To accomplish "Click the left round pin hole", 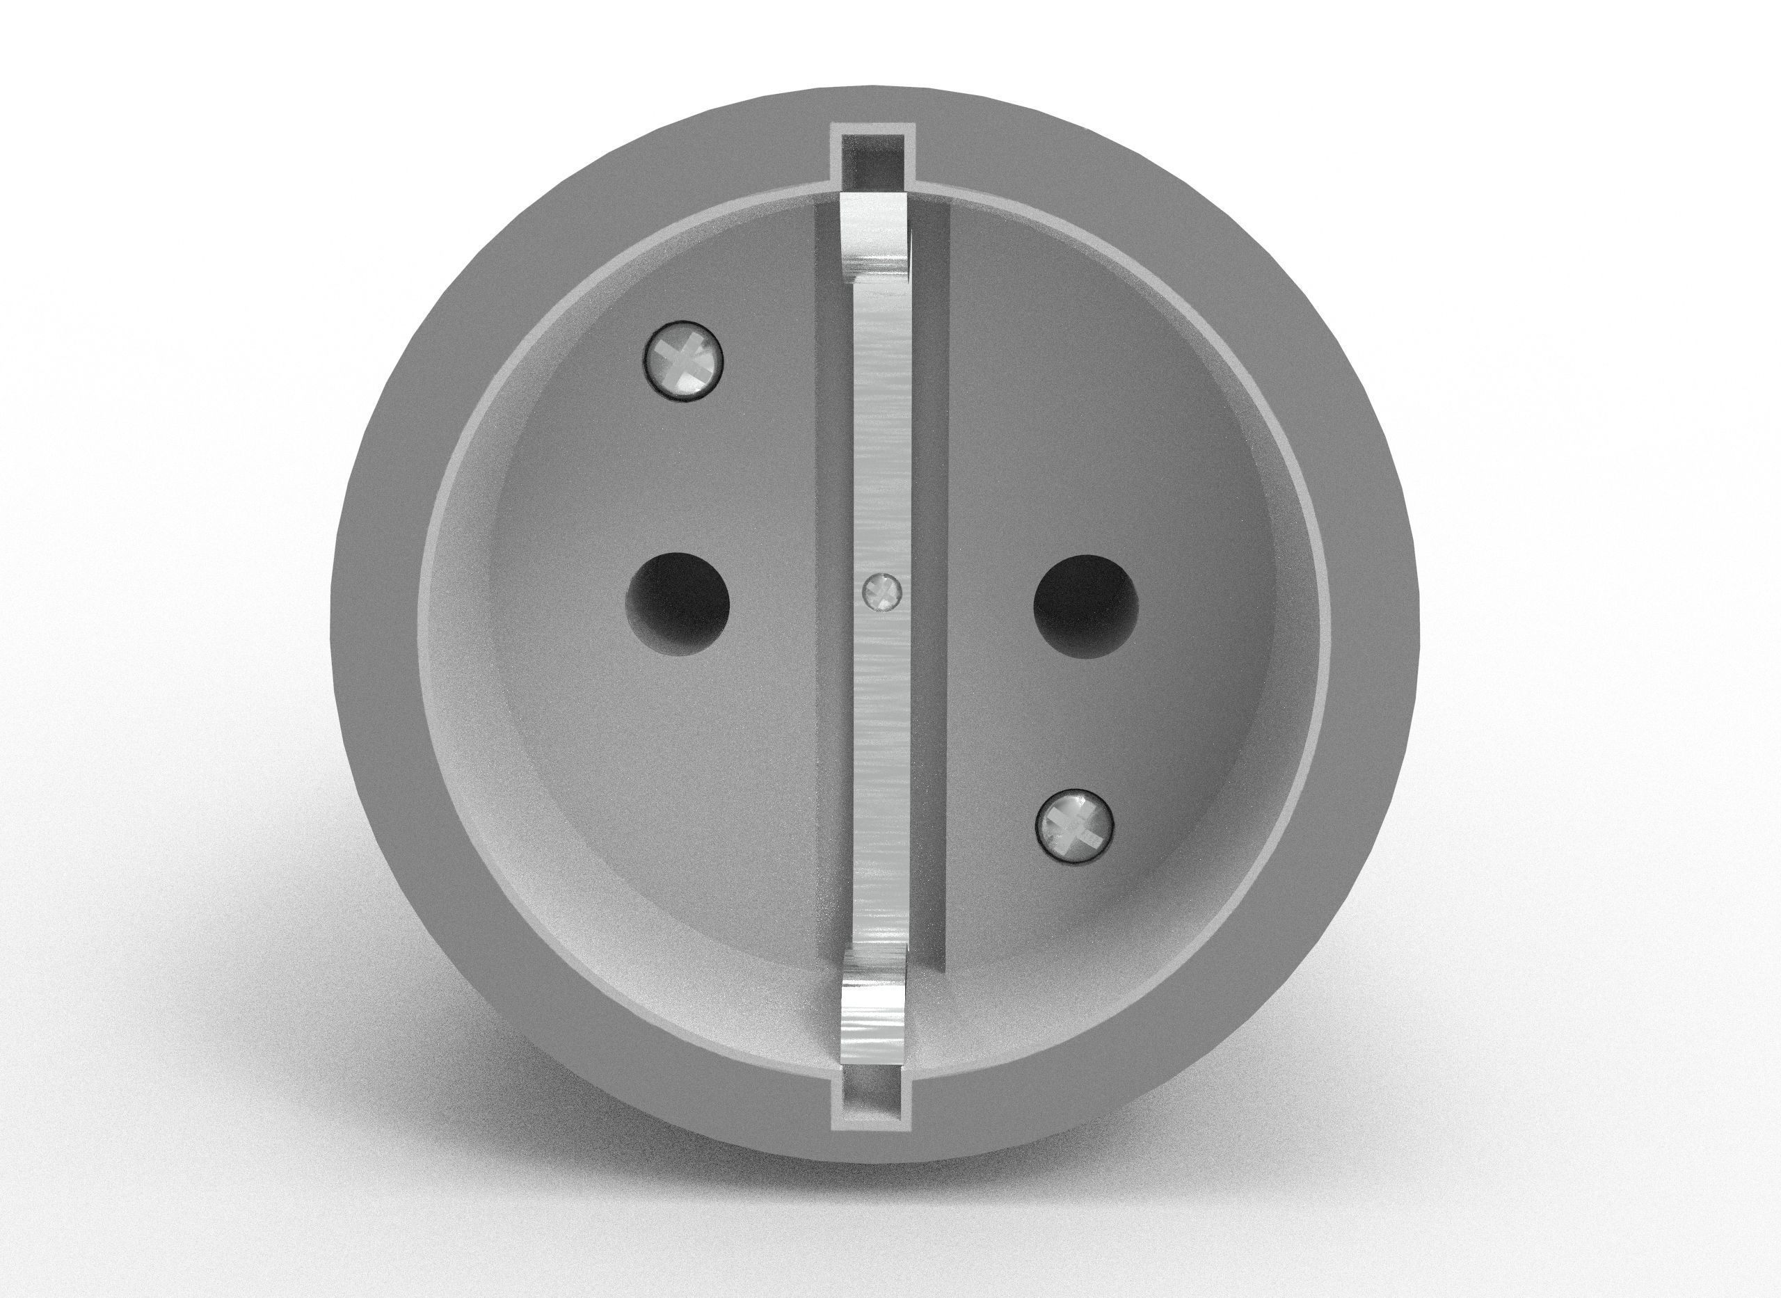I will [677, 603].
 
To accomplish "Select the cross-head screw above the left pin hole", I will [682, 362].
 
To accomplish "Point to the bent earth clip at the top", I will [874, 236].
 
